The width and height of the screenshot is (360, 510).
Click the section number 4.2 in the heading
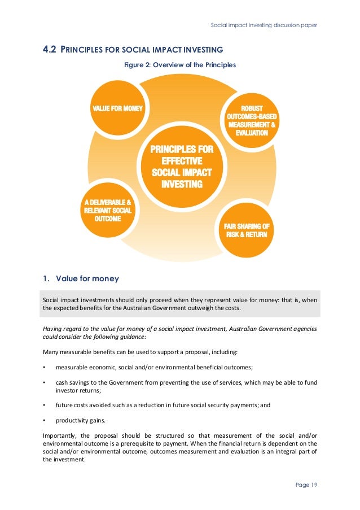[49, 49]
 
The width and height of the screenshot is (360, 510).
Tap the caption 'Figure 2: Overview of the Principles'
[180, 65]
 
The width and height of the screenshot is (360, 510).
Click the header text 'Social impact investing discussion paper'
[264, 25]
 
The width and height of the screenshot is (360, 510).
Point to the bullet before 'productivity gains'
[45, 420]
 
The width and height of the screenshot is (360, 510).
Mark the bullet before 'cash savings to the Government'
[45, 382]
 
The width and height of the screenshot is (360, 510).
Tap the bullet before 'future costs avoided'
[45, 405]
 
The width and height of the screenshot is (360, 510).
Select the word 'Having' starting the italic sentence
[52, 329]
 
